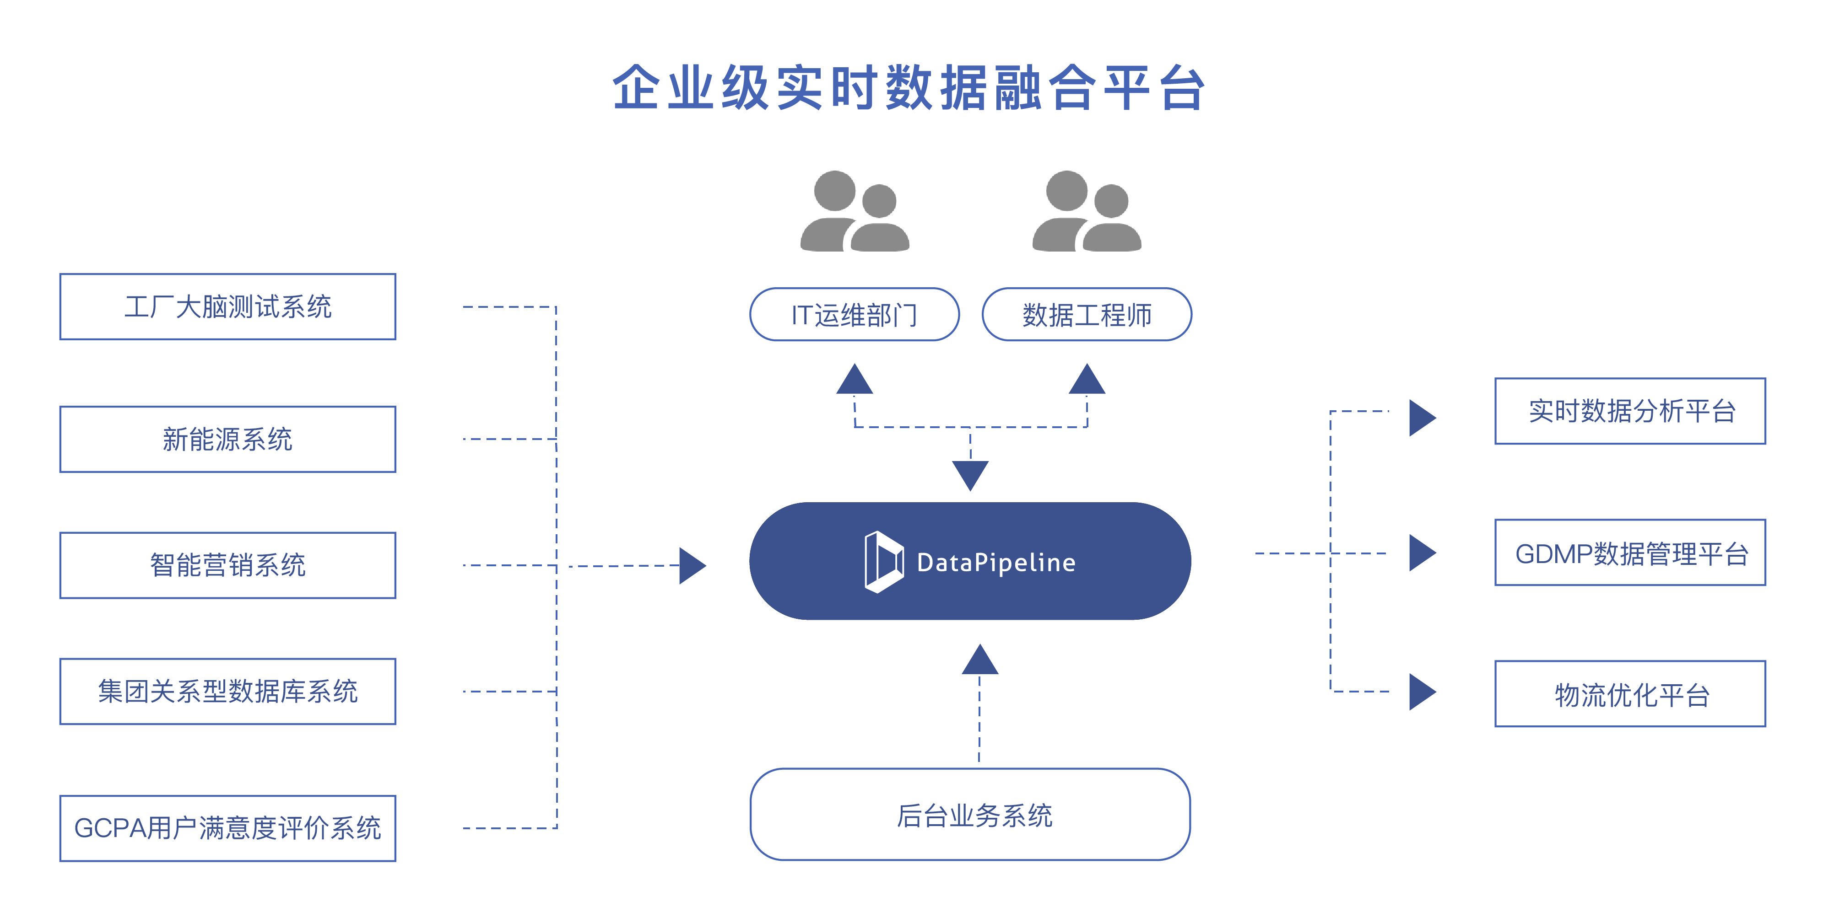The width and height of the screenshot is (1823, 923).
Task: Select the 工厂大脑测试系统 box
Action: pyautogui.click(x=227, y=307)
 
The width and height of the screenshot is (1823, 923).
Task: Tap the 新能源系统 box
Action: pyautogui.click(x=227, y=439)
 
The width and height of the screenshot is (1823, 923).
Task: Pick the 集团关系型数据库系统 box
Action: pyautogui.click(x=227, y=692)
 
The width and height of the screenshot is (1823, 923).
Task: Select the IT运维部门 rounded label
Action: pyautogui.click(x=854, y=315)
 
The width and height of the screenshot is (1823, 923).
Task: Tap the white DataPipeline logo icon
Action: pyautogui.click(x=883, y=562)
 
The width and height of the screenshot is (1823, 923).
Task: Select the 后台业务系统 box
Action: pyautogui.click(x=970, y=815)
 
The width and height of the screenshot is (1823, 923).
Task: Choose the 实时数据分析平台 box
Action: pyautogui.click(x=1630, y=411)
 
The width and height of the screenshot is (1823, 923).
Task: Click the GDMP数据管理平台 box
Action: pyautogui.click(x=1630, y=553)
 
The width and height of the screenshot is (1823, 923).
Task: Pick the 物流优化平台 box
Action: pyautogui.click(x=1630, y=694)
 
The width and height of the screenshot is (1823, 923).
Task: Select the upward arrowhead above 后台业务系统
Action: pyautogui.click(x=979, y=660)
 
